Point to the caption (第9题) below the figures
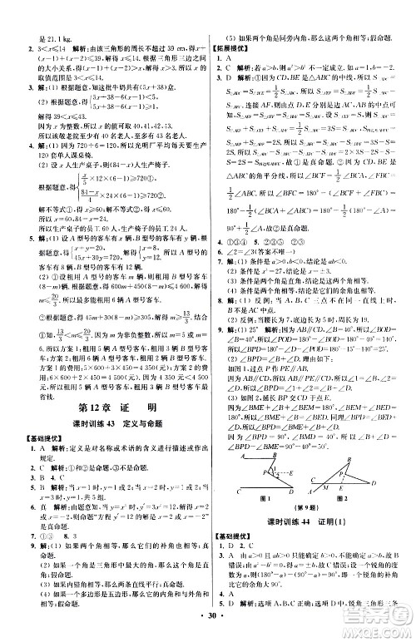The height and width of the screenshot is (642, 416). pos(306,506)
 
